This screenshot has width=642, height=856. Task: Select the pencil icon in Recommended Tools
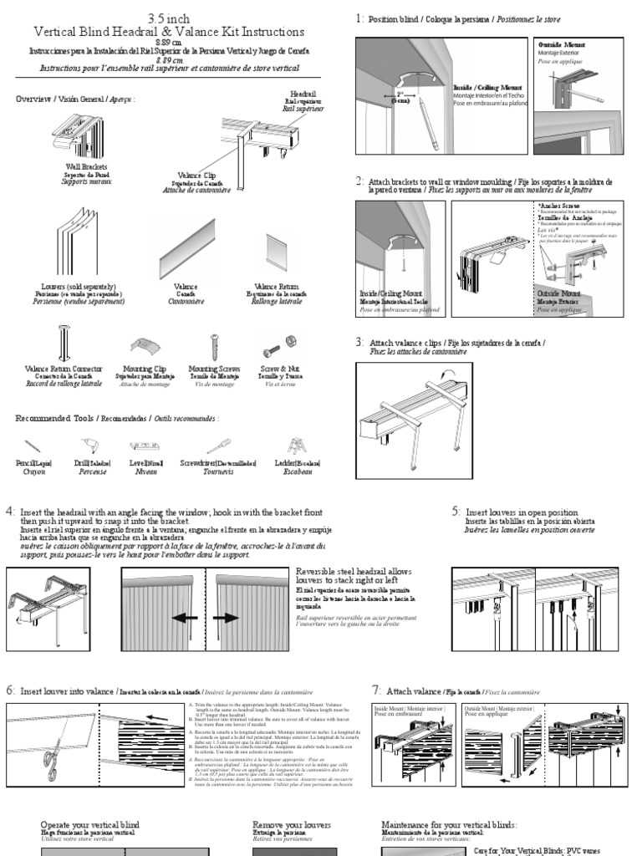[x=33, y=446]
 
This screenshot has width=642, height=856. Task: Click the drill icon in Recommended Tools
[x=82, y=446]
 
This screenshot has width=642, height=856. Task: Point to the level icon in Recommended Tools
[x=145, y=446]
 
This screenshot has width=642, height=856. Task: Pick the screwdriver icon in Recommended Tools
[x=220, y=446]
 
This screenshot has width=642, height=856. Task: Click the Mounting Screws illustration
[x=214, y=346]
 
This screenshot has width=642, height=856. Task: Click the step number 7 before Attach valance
[x=376, y=690]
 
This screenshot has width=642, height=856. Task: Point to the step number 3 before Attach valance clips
[x=359, y=343]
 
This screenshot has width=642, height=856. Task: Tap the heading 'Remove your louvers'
[x=292, y=824]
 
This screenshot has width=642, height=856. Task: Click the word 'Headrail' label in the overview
[x=303, y=94]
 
